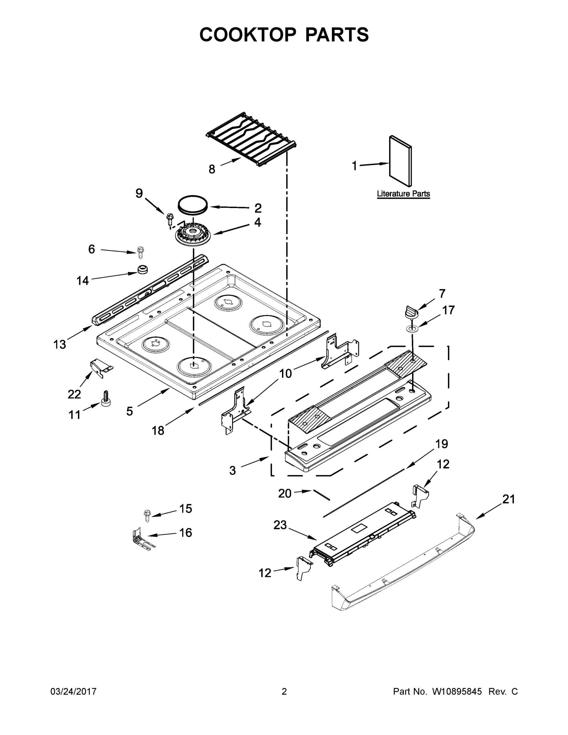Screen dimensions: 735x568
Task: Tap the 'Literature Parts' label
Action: tap(403, 194)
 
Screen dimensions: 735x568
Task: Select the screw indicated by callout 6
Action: tap(140, 252)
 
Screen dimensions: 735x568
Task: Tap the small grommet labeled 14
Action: tap(143, 269)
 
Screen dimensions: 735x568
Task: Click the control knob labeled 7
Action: tap(411, 312)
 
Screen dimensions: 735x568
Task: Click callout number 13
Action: tap(60, 344)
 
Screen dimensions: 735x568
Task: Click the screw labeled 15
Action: tap(147, 515)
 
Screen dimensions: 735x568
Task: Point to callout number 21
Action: tap(508, 499)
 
